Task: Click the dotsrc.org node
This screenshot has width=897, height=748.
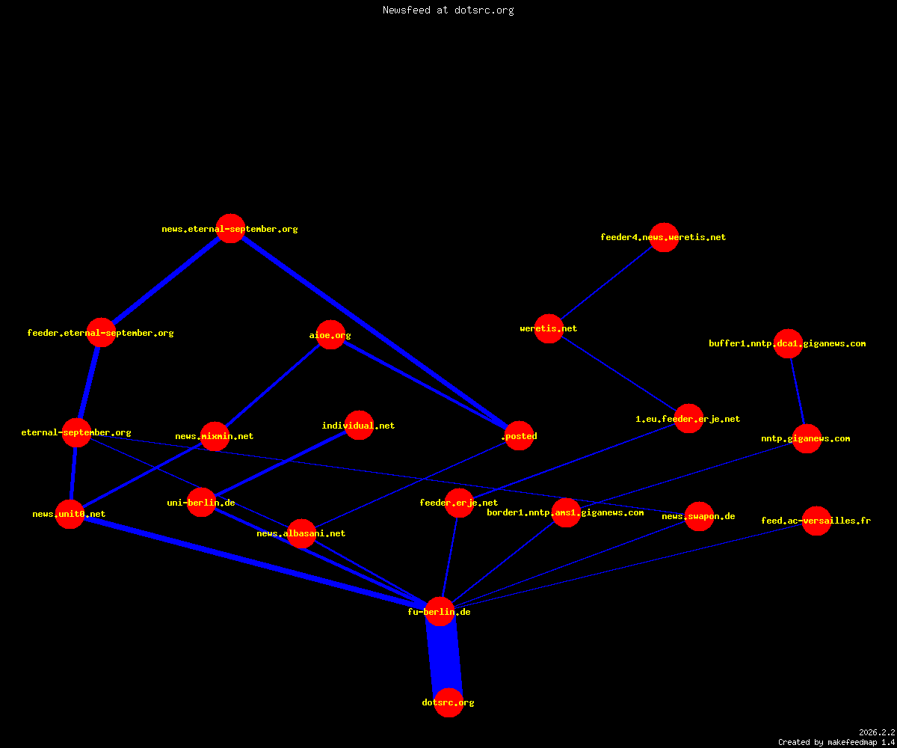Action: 449,702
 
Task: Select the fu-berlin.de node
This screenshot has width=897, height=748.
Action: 440,611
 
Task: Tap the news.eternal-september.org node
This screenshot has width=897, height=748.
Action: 230,228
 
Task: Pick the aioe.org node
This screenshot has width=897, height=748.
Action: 330,334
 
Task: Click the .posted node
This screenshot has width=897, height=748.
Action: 519,435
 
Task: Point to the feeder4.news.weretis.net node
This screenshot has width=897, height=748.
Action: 664,237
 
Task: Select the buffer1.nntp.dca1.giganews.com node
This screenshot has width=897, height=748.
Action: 788,343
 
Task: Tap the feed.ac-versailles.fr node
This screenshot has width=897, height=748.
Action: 816,521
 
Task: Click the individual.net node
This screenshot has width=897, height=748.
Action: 359,425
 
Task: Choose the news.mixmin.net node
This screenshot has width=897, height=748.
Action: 215,436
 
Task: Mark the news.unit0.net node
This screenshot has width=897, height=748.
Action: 70,514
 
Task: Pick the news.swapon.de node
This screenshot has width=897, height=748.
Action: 699,516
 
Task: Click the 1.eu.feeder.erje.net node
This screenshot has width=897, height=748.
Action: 688,418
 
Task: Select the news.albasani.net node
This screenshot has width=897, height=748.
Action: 301,533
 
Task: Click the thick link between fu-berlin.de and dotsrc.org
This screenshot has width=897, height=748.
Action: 444,657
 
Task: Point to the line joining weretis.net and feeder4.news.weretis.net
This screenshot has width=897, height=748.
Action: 606,283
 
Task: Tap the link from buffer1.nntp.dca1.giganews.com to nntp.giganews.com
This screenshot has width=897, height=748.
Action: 798,391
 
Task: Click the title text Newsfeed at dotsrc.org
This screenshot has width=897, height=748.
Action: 448,10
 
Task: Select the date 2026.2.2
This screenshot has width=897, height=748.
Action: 877,732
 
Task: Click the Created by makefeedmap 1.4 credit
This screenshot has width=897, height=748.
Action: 836,742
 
